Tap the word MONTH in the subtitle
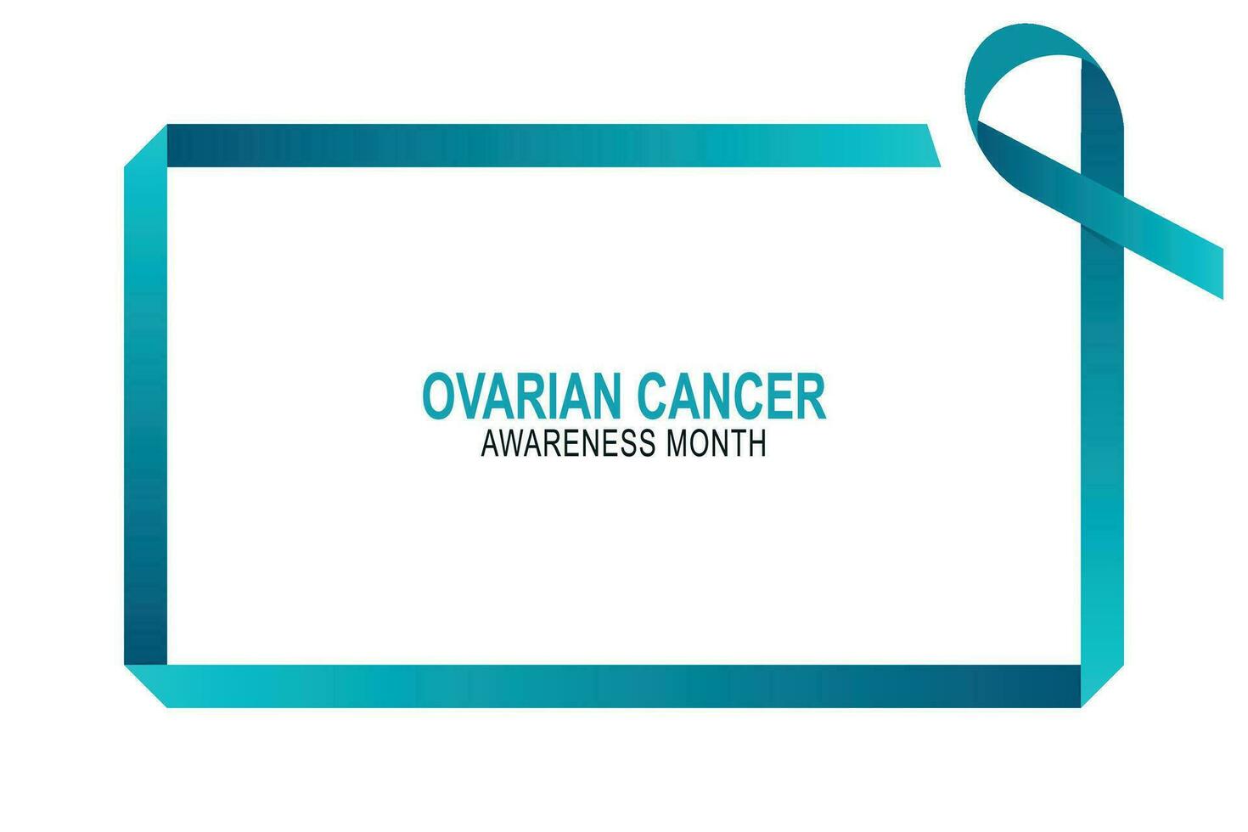click(716, 444)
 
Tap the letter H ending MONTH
click(757, 444)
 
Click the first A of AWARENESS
click(491, 444)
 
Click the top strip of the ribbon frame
click(543, 145)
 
